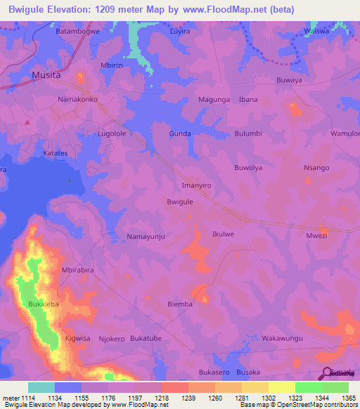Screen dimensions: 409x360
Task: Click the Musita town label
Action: pos(46,74)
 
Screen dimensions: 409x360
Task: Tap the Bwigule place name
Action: pos(180,202)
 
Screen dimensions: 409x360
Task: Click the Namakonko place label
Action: pos(77,100)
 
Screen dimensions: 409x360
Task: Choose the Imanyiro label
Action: pos(193,186)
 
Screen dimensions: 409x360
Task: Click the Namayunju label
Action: pos(146,238)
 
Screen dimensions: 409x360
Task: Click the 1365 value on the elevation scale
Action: pos(349,398)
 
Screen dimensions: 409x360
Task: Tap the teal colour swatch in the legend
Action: pos(41,387)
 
